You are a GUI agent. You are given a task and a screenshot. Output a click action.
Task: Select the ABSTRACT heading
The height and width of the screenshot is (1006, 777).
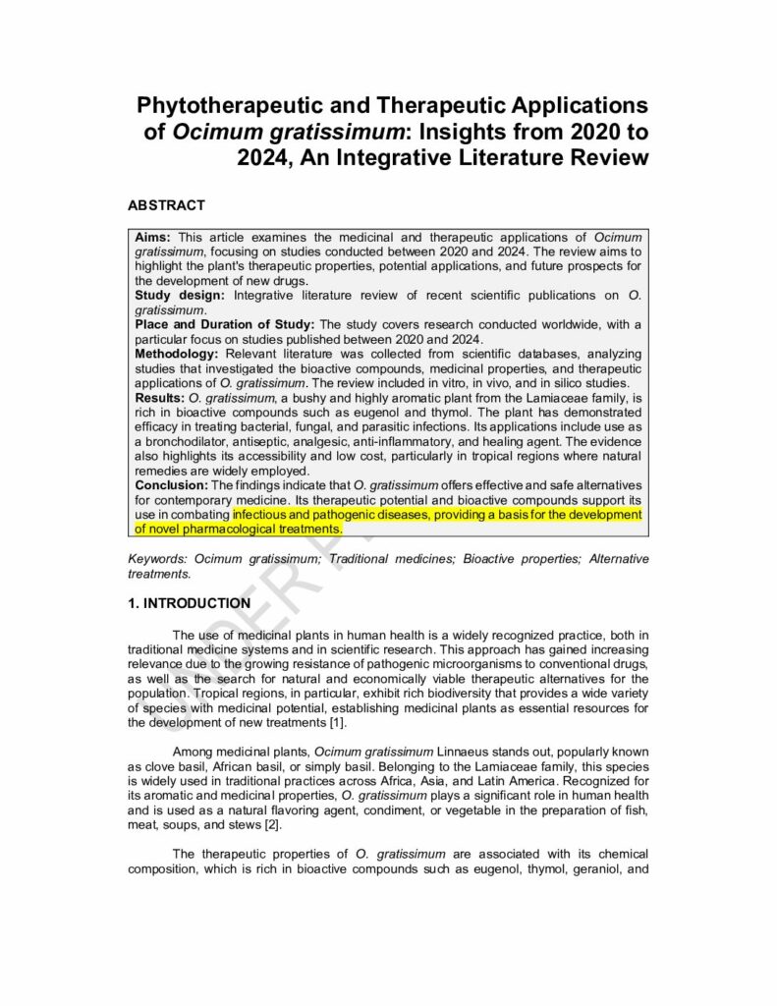pos(166,205)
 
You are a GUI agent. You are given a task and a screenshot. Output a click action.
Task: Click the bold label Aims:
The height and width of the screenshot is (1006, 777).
pos(153,238)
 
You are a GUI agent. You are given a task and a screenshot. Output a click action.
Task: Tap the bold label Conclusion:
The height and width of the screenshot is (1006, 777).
pos(171,485)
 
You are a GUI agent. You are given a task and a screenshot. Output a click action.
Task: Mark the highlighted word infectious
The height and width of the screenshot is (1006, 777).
pos(265,514)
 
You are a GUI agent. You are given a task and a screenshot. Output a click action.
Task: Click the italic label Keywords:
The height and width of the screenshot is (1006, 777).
pos(159,559)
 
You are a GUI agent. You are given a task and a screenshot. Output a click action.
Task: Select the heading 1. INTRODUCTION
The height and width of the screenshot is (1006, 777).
pos(189,603)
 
